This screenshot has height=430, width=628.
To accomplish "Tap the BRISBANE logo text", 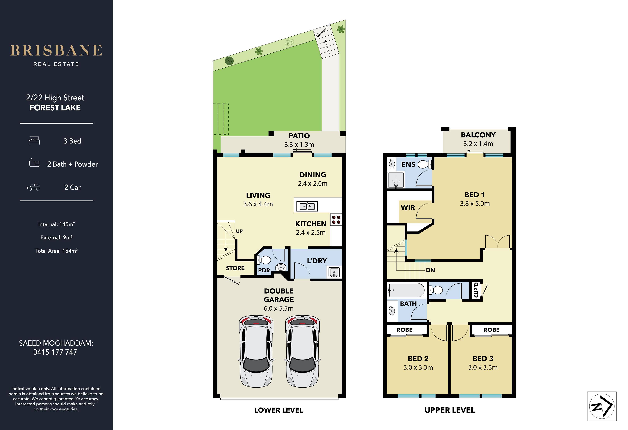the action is pyautogui.click(x=56, y=51).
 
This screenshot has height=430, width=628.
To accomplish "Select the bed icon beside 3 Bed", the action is pyautogui.click(x=34, y=140).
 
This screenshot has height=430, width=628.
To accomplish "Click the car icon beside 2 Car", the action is pyautogui.click(x=34, y=187).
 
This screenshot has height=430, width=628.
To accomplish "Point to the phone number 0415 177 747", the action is pyautogui.click(x=55, y=352).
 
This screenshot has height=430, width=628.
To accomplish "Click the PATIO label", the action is pyautogui.click(x=299, y=136).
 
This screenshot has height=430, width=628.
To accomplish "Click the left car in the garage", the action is pyautogui.click(x=256, y=351).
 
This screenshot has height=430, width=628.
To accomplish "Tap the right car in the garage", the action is pyautogui.click(x=302, y=351).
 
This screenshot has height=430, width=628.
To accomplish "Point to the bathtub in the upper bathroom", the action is pyautogui.click(x=406, y=290).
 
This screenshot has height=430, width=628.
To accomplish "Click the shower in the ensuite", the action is pyautogui.click(x=396, y=180).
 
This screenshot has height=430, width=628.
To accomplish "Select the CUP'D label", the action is pyautogui.click(x=476, y=290).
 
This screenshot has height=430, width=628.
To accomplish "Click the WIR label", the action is pyautogui.click(x=408, y=207).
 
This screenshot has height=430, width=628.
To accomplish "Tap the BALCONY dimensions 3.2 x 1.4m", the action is pyautogui.click(x=478, y=144).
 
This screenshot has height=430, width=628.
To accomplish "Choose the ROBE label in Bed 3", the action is pyautogui.click(x=491, y=330).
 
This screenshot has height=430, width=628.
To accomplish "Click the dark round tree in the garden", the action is pyautogui.click(x=229, y=61).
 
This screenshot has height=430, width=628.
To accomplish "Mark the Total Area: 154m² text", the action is pyautogui.click(x=57, y=251).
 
